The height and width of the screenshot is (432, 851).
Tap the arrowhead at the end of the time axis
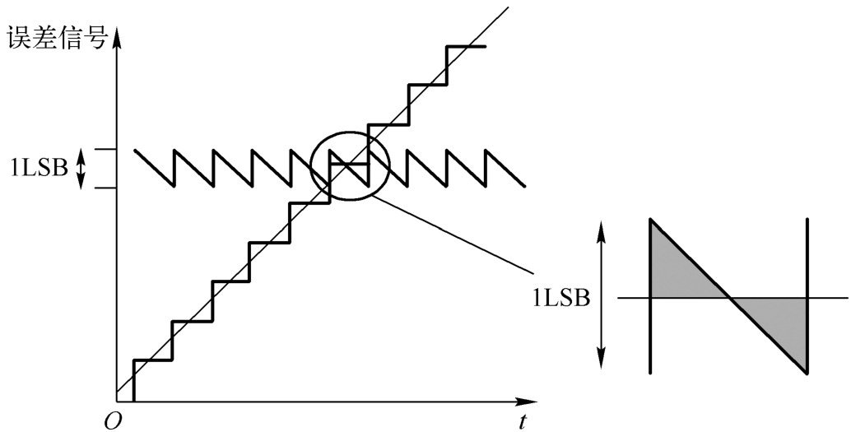(x=530, y=403)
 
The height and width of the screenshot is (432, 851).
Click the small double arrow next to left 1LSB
(x=81, y=170)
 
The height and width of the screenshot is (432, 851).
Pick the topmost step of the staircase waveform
(x=465, y=46)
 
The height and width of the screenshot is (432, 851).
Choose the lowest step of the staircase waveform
(x=152, y=360)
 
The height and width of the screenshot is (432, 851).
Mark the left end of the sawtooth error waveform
(x=135, y=151)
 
